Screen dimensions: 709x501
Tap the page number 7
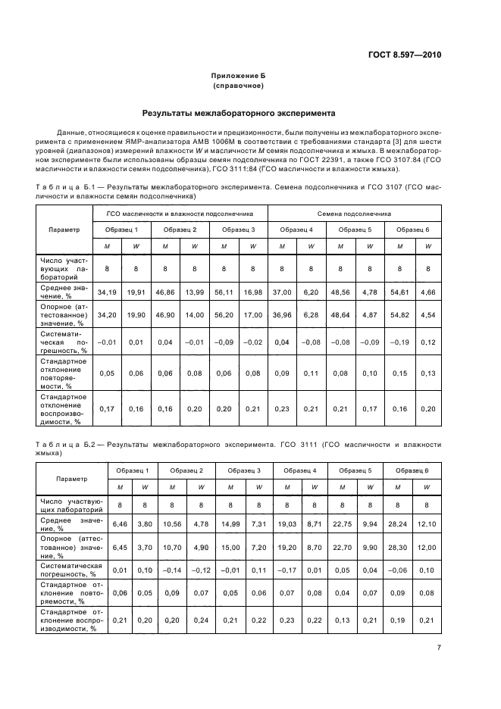439,647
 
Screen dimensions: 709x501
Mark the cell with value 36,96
281,314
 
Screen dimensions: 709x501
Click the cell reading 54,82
399,314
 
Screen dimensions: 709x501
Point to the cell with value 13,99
195,291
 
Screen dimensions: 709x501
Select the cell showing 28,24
398,523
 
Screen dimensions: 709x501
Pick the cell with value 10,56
172,523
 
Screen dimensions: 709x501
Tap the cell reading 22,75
340,523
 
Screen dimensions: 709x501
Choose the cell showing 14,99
230,523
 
